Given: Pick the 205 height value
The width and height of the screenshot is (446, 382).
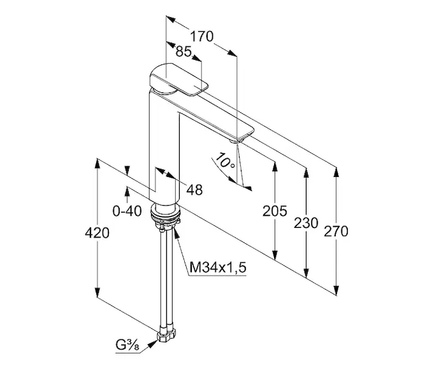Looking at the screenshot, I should [x=275, y=211].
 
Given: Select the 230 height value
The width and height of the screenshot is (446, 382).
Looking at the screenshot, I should [x=306, y=223].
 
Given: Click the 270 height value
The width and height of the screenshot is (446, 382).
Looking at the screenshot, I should [x=336, y=231].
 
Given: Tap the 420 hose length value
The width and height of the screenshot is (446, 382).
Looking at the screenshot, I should [x=97, y=233].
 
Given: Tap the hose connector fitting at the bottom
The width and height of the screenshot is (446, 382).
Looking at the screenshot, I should [x=166, y=336].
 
